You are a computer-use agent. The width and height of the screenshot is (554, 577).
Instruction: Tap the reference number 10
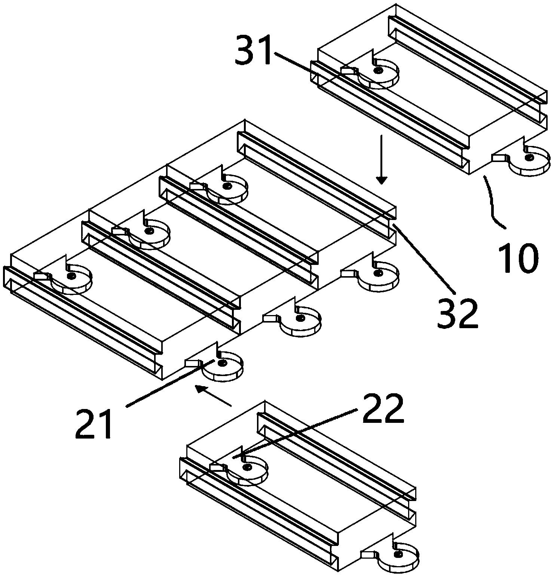pyautogui.click(x=518, y=258)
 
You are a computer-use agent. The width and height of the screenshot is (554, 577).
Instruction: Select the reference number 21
pyautogui.click(x=94, y=424)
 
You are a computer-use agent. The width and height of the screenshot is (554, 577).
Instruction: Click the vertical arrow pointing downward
pyautogui.click(x=382, y=159)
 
